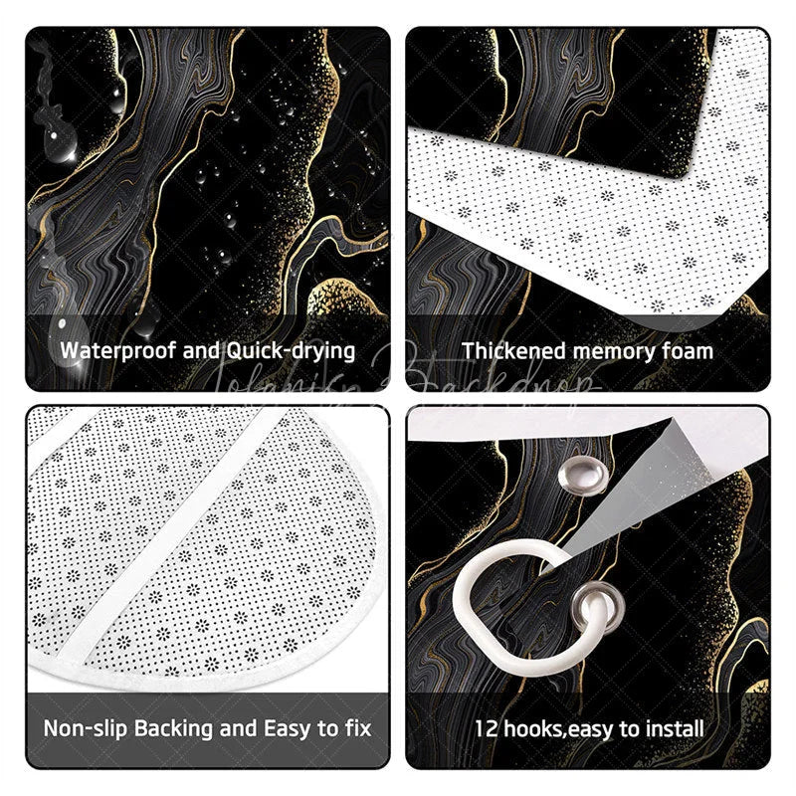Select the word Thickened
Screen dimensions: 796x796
[511, 350]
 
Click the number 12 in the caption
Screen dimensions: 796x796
[485, 727]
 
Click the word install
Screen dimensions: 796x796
[671, 727]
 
